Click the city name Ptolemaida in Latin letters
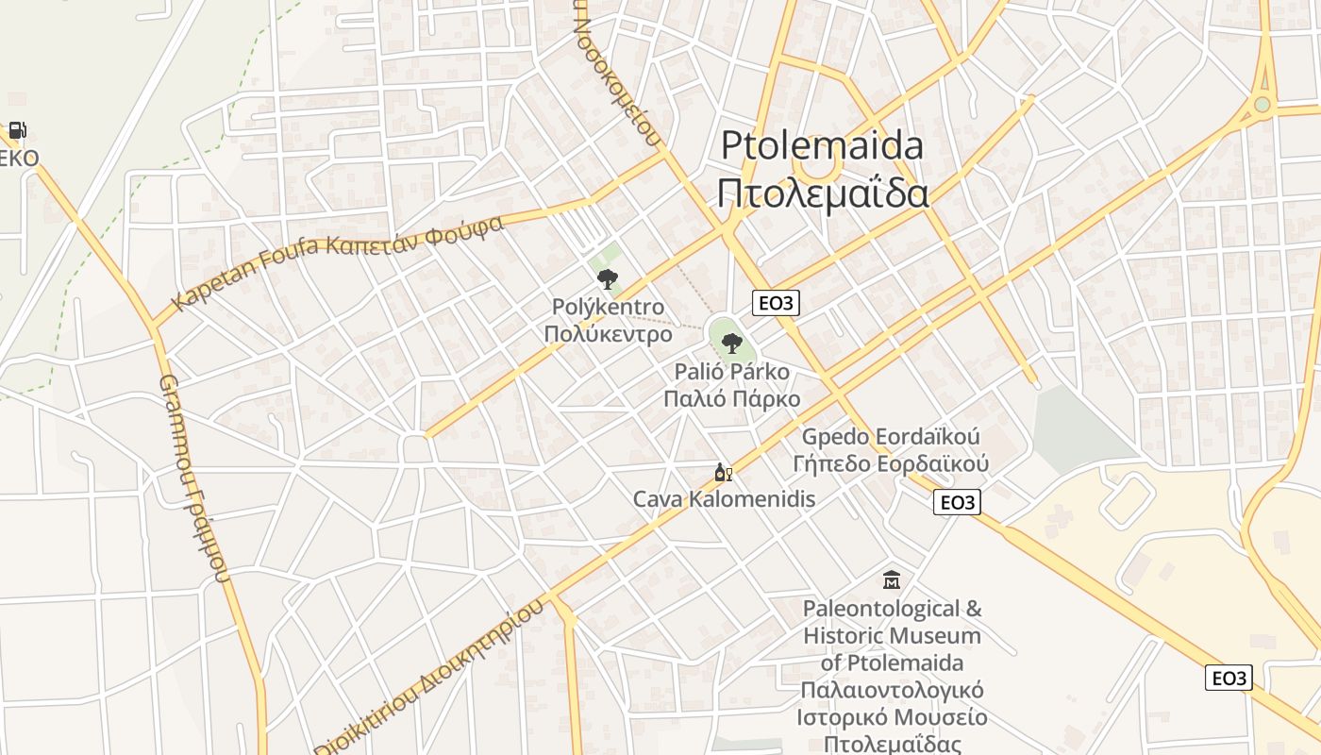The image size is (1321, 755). click(822, 146)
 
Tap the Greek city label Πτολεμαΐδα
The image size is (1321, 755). click(822, 193)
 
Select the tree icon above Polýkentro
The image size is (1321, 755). click(608, 278)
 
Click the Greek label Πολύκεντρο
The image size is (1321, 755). click(608, 334)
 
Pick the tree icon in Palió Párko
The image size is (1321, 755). click(731, 343)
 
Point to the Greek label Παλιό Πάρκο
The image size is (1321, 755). click(731, 398)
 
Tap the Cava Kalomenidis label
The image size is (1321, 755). click(724, 498)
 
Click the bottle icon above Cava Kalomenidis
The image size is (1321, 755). click(723, 473)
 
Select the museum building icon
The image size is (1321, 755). click(892, 579)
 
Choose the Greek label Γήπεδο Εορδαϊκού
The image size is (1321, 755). click(891, 463)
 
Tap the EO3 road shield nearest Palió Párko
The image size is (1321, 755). click(776, 303)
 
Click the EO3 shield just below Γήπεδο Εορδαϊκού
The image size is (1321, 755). click(957, 502)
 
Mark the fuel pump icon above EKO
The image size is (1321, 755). click(17, 130)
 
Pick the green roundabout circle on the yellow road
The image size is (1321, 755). click(1262, 104)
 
